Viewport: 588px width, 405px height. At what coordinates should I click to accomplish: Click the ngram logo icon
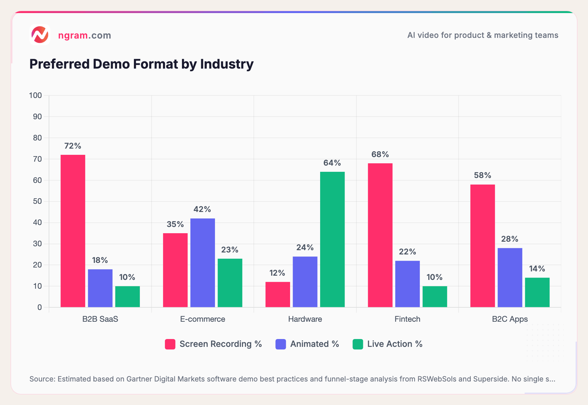coord(40,35)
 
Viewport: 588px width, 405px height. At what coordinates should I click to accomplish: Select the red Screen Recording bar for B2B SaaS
coord(73,231)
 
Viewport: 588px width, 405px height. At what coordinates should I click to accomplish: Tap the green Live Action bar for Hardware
coord(332,239)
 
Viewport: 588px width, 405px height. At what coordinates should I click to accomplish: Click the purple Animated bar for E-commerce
coord(203,263)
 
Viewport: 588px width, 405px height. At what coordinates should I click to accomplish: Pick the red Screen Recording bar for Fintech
coord(380,235)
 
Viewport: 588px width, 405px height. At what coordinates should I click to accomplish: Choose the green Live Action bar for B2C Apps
coord(537,292)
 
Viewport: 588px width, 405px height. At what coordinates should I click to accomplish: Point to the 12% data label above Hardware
coord(277,273)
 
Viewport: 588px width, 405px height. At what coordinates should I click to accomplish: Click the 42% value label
coord(202,209)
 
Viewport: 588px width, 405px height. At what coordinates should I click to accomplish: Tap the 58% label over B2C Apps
coord(482,175)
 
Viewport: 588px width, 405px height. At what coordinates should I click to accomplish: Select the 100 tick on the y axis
coord(35,95)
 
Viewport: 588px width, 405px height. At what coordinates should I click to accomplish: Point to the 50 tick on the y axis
coord(37,201)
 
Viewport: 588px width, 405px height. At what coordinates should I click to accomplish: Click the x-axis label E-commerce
coord(203,319)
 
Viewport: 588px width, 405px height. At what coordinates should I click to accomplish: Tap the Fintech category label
coord(407,319)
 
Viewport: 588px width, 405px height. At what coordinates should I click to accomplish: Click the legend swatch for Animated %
coord(281,344)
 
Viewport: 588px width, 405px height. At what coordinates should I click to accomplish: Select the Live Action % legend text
coord(395,344)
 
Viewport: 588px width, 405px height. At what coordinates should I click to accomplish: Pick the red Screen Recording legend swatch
coord(170,344)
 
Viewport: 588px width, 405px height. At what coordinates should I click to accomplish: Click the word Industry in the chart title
coord(227,64)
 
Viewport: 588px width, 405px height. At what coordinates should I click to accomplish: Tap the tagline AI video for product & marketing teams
coord(482,35)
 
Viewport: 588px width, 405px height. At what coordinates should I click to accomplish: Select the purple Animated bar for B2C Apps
coord(510,278)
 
